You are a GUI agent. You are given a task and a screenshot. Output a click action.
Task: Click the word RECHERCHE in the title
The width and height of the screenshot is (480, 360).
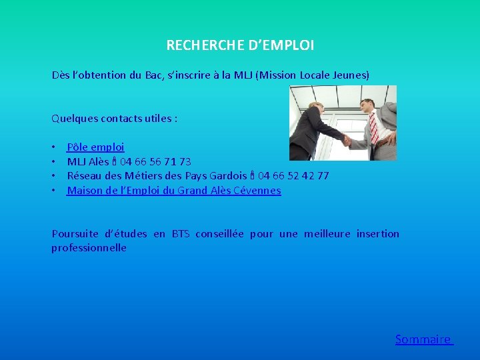click(197, 45)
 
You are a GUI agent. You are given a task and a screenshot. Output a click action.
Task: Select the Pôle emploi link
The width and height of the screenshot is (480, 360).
click(95, 147)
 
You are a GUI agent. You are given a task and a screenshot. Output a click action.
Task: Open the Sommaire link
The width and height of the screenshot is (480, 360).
click(424, 339)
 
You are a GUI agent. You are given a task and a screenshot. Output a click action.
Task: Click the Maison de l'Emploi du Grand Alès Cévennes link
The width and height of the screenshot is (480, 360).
click(174, 191)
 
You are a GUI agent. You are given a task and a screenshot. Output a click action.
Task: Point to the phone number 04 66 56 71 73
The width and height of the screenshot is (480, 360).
click(155, 161)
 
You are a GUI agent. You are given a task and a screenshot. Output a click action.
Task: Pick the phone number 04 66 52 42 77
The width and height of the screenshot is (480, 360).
click(293, 176)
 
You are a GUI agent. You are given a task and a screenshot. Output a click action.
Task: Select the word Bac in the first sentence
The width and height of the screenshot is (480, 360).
click(154, 75)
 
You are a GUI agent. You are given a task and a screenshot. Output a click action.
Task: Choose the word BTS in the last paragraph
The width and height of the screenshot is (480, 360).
click(181, 234)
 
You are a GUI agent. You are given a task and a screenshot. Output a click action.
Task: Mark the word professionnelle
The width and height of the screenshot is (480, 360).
click(89, 248)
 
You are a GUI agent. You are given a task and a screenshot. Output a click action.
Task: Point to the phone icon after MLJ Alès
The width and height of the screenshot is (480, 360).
click(115, 161)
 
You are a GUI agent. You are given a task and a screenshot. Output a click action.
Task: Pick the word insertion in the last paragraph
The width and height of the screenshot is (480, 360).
click(377, 234)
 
